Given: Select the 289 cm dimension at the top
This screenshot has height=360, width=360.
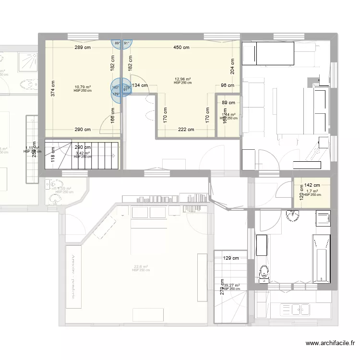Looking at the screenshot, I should (x=83, y=48).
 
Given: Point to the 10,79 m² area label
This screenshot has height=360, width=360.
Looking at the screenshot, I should (x=83, y=87).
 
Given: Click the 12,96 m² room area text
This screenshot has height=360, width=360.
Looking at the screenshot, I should (x=182, y=79).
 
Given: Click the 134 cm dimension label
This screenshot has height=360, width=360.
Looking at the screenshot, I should (x=140, y=86).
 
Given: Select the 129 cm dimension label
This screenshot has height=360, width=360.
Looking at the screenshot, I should (x=231, y=258).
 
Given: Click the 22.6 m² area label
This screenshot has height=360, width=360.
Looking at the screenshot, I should (x=141, y=267).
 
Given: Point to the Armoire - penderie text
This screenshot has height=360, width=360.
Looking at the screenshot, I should (x=74, y=277).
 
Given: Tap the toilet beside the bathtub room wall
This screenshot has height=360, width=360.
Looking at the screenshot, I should (x=263, y=273).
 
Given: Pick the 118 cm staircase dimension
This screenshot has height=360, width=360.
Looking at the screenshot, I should (x=53, y=156).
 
